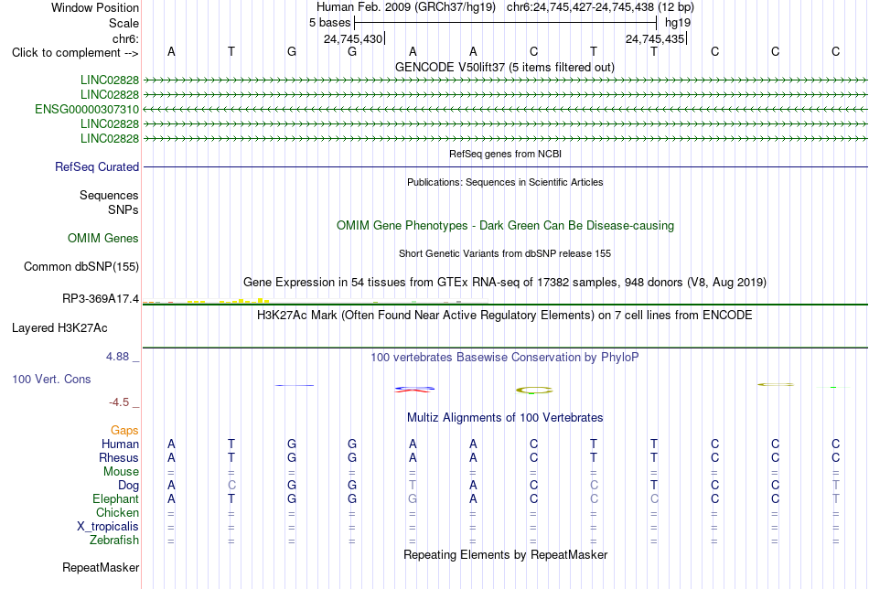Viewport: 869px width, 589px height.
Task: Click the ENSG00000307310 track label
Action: pyautogui.click(x=87, y=109)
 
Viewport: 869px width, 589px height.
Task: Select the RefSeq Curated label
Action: pyautogui.click(x=97, y=166)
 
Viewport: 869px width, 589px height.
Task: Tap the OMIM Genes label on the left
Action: pyautogui.click(x=103, y=239)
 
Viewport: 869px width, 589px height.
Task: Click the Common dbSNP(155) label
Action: pyautogui.click(x=81, y=266)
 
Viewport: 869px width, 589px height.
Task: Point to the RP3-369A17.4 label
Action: pyautogui.click(x=101, y=299)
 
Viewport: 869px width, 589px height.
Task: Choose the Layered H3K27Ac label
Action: pyautogui.click(x=59, y=328)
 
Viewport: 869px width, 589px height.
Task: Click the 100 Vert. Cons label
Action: pyautogui.click(x=51, y=379)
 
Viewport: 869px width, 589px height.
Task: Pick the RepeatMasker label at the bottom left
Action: pyautogui.click(x=101, y=567)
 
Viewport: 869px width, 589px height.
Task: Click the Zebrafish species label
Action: pyautogui.click(x=114, y=540)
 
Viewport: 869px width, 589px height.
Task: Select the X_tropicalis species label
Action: pyautogui.click(x=108, y=527)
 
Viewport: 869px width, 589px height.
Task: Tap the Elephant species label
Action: pyautogui.click(x=116, y=498)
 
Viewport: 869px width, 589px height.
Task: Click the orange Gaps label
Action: pyautogui.click(x=124, y=430)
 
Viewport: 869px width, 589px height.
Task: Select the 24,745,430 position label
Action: pyautogui.click(x=353, y=38)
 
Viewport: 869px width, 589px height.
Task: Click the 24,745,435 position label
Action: pyautogui.click(x=655, y=38)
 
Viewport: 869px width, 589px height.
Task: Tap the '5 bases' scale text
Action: pyautogui.click(x=329, y=23)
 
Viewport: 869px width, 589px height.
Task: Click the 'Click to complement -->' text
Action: pyautogui.click(x=75, y=53)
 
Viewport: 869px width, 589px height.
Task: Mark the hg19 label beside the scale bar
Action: pyautogui.click(x=678, y=23)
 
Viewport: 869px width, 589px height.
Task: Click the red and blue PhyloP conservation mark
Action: pyautogui.click(x=414, y=389)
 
